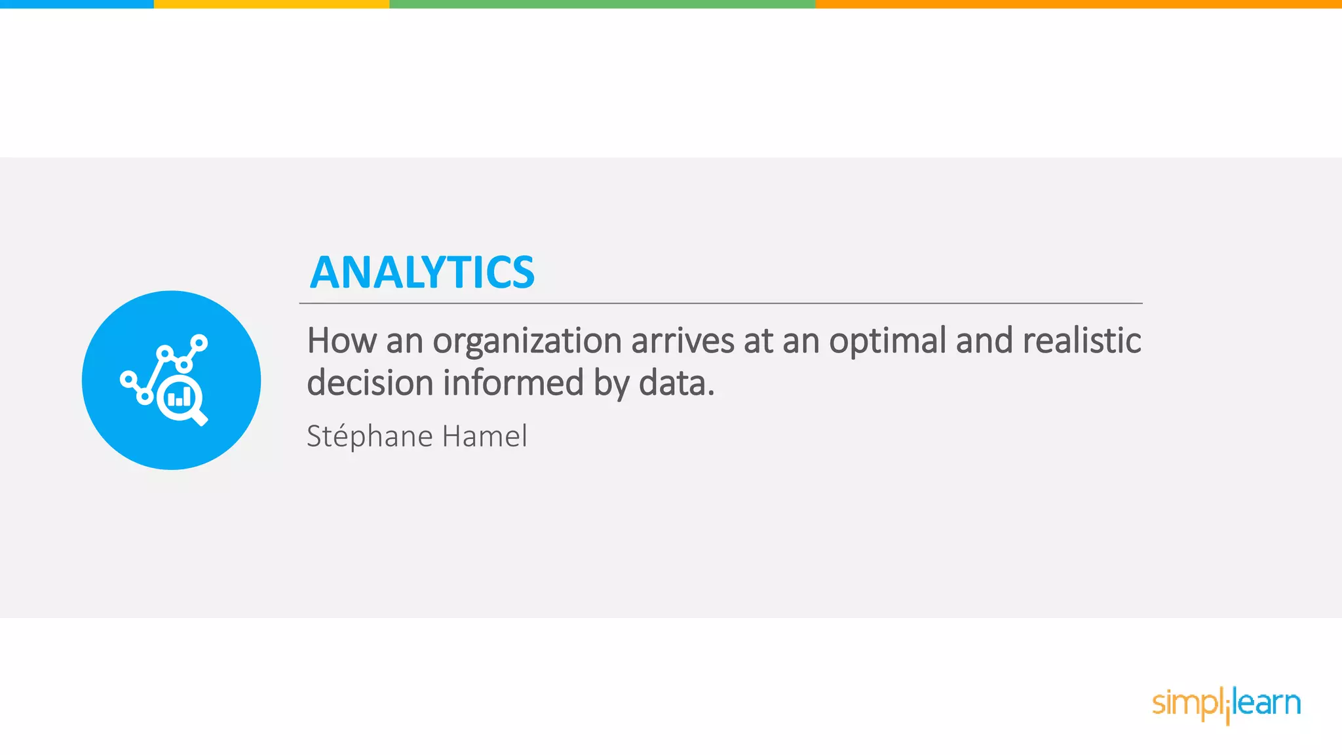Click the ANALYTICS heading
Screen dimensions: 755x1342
(x=422, y=273)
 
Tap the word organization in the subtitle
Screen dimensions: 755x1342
(x=527, y=341)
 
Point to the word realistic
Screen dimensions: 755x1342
(x=1081, y=341)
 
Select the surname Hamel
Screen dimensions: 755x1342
(x=484, y=436)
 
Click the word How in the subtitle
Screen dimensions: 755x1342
(x=341, y=341)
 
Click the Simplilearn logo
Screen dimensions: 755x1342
(x=1226, y=704)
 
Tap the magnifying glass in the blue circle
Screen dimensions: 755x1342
(x=179, y=397)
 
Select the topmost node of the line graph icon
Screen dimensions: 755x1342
(x=199, y=343)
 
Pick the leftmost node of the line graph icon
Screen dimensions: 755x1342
(x=128, y=379)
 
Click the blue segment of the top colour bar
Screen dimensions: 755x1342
(x=77, y=4)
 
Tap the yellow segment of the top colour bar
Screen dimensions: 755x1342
(x=271, y=4)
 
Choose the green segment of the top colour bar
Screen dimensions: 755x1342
(x=602, y=4)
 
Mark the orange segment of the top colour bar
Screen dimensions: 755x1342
(x=1079, y=4)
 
